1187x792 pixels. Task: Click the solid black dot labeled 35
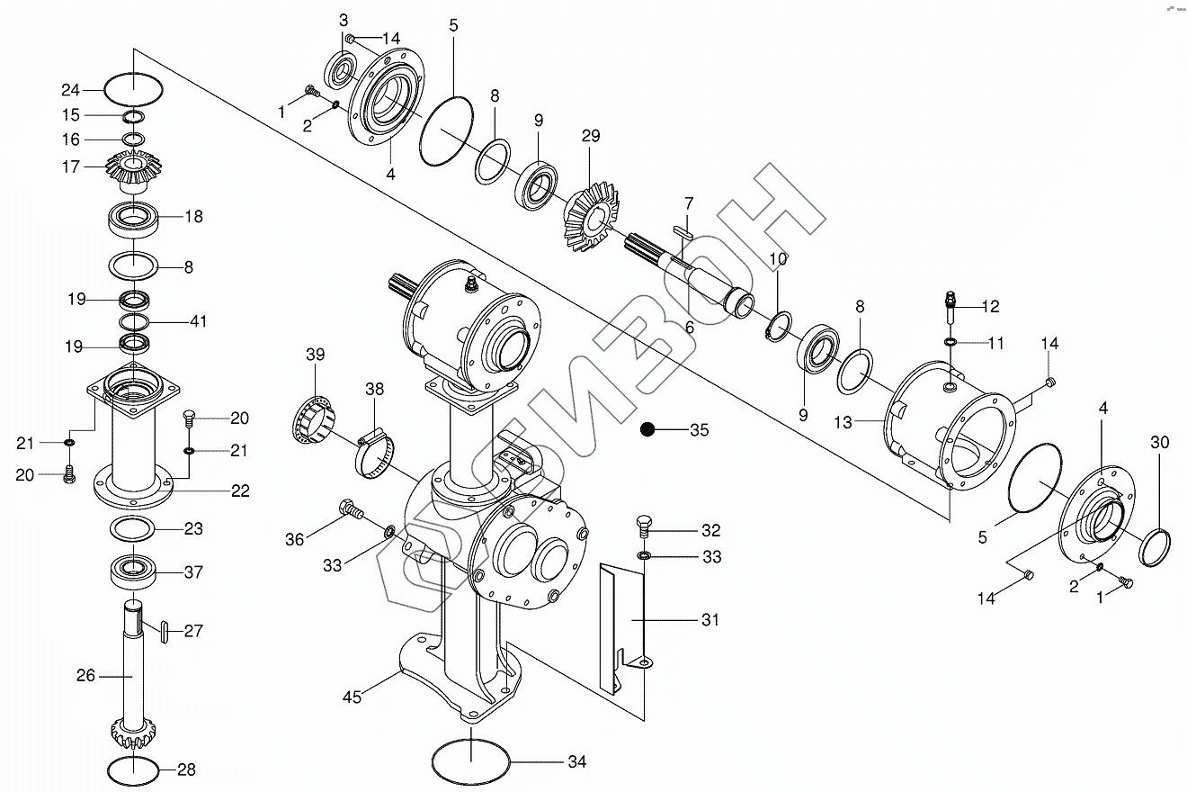coord(647,429)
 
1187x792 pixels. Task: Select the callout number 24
coord(70,90)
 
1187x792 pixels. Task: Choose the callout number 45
coord(352,697)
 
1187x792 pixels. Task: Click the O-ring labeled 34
coord(470,761)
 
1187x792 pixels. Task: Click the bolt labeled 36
coord(351,509)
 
